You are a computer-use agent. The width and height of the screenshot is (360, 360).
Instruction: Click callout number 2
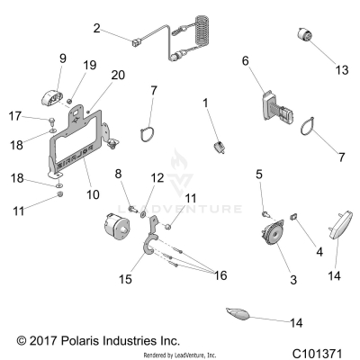pos(96,28)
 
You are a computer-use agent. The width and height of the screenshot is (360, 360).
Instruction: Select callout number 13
pos(316,68)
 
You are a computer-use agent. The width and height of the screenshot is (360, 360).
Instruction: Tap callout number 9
pos(63,58)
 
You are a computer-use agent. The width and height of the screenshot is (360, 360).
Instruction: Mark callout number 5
pos(259,174)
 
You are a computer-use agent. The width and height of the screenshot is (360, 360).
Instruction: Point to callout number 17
pos(39,116)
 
